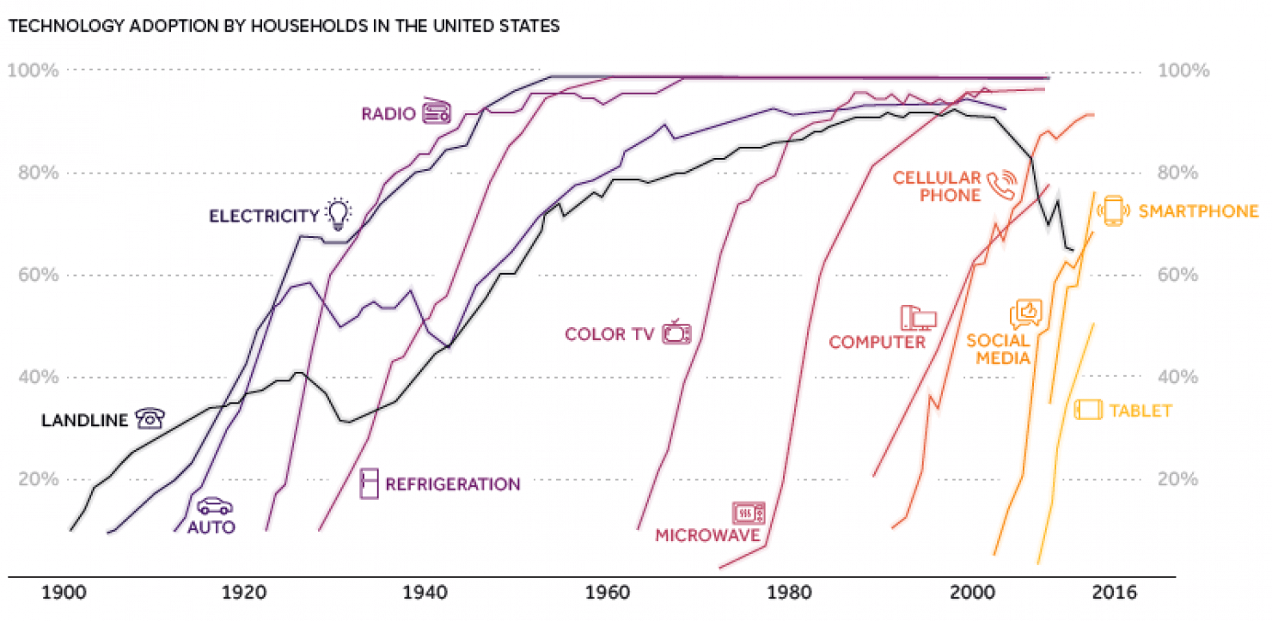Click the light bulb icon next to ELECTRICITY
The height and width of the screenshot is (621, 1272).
click(x=339, y=214)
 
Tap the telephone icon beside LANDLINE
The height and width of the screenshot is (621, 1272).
click(x=150, y=418)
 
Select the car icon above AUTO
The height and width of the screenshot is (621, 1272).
click(x=214, y=506)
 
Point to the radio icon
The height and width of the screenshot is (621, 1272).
click(x=437, y=111)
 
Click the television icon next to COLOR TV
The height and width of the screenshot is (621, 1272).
click(x=676, y=332)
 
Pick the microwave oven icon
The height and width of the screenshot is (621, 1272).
click(x=747, y=514)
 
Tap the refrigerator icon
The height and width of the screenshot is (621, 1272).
click(x=370, y=484)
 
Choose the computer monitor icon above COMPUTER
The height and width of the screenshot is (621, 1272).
click(x=917, y=319)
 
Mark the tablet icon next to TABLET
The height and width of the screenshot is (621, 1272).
click(x=1088, y=410)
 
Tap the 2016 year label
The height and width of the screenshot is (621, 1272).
click(x=1113, y=594)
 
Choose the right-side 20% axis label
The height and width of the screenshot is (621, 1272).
click(x=1178, y=479)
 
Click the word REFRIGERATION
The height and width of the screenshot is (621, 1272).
click(x=452, y=484)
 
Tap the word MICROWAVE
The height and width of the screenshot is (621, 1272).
click(x=707, y=536)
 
